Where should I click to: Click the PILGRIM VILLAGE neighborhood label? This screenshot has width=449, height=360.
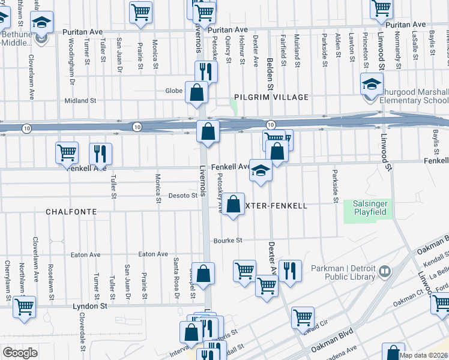point(271,97)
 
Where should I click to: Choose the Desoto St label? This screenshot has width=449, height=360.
point(182,196)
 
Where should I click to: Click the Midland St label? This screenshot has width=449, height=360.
point(80,101)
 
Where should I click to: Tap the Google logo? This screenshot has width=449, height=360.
point(20,352)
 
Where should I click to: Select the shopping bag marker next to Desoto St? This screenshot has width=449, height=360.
point(235,203)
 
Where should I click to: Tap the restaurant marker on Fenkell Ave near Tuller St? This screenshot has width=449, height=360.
point(100,153)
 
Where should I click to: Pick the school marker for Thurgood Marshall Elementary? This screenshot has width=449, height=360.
point(372,85)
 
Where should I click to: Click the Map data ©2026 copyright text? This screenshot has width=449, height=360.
point(423,355)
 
